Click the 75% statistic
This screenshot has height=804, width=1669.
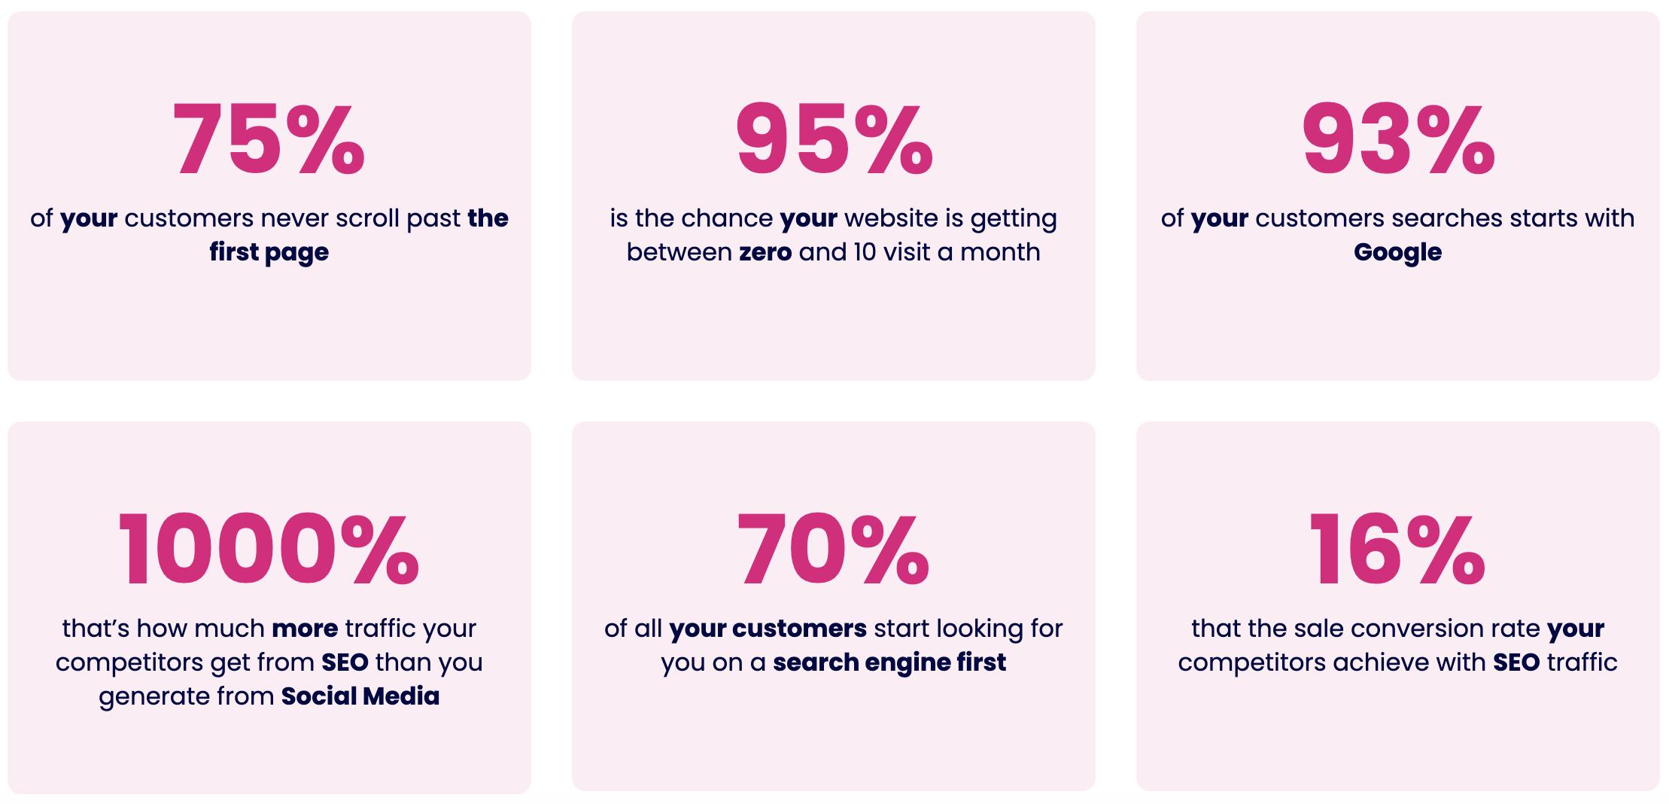pos(269,140)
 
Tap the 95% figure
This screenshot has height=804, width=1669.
pos(834,140)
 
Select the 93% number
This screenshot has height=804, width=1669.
pos(1398,140)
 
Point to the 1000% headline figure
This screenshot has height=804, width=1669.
pos(269,549)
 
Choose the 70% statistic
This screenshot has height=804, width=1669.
pos(834,549)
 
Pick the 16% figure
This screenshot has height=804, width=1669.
pos(1397,549)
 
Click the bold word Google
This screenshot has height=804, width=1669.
pos(1397,253)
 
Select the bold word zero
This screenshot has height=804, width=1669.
pos(765,252)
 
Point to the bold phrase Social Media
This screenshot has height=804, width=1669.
pos(360,696)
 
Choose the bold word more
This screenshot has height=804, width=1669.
pos(305,629)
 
